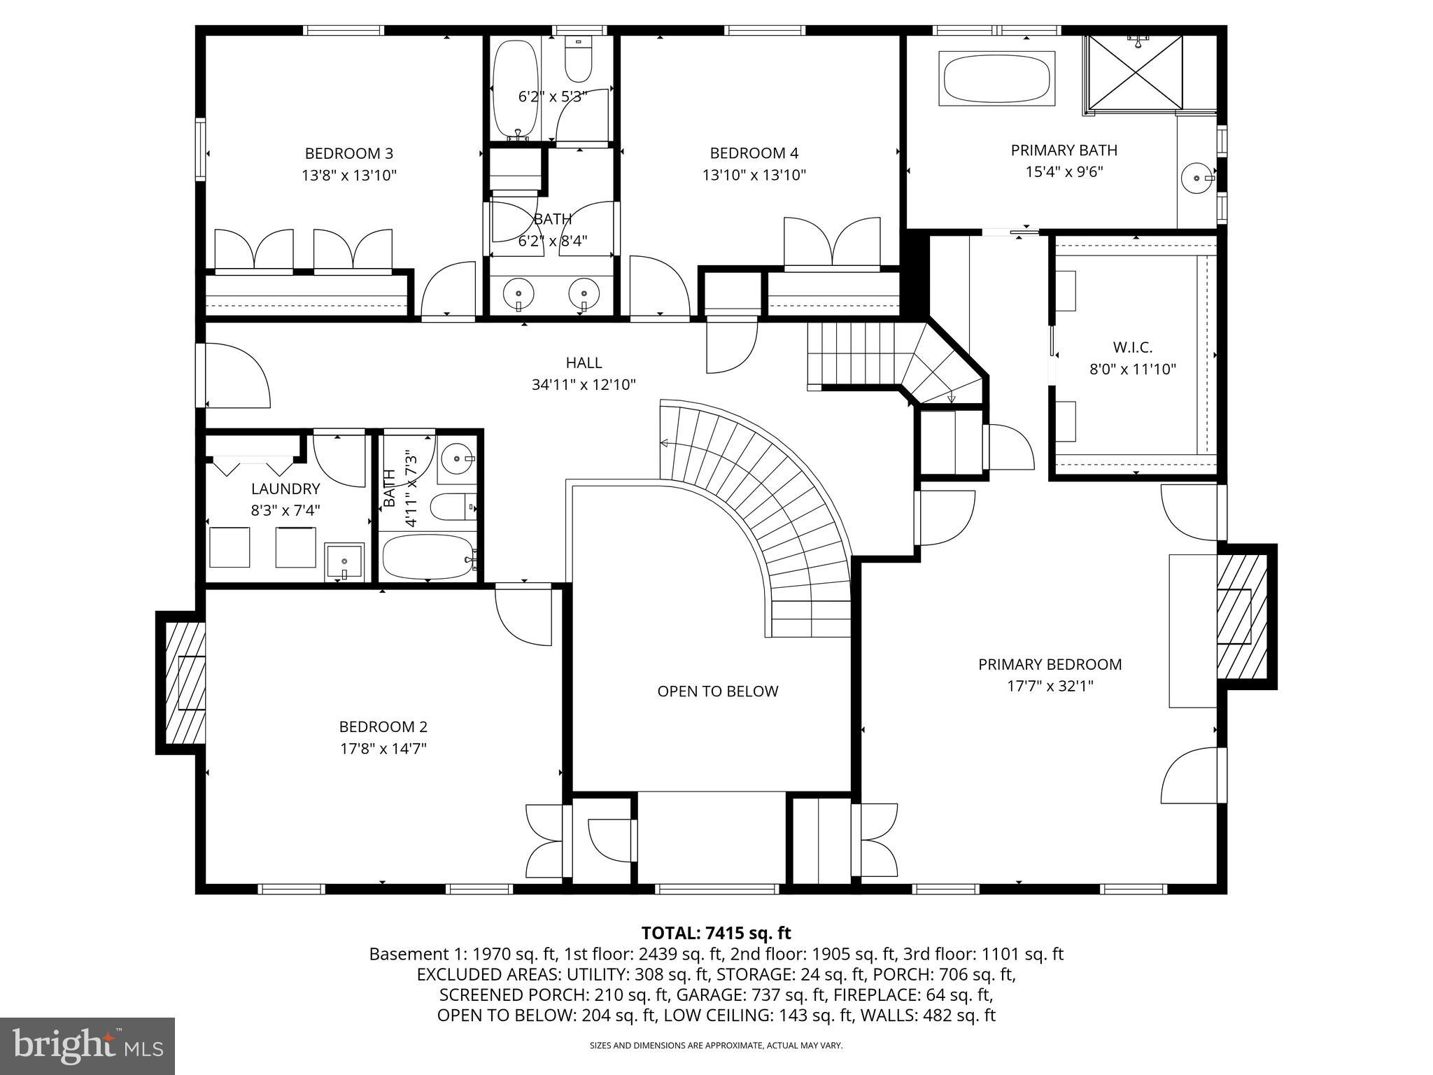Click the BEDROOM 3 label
[x=348, y=153]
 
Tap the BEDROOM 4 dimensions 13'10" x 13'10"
[x=754, y=175]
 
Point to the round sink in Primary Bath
[x=1197, y=178]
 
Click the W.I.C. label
[x=1132, y=347]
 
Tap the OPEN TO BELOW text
[x=717, y=691]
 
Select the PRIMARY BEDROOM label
[x=1050, y=664]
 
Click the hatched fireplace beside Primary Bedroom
[x=1243, y=615]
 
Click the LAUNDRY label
[x=285, y=489]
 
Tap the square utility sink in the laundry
[x=344, y=562]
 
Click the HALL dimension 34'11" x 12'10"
[x=583, y=385]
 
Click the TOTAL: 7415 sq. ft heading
[x=716, y=933]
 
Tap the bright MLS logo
[x=87, y=1046]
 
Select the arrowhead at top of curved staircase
[x=664, y=442]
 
